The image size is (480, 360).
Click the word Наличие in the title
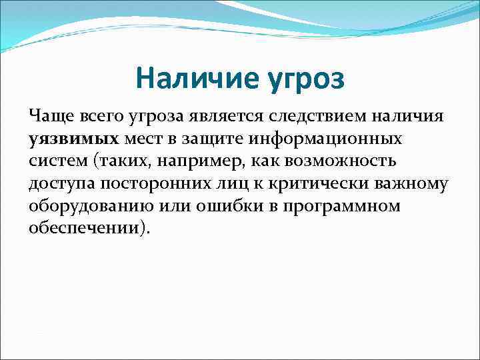(x=190, y=79)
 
